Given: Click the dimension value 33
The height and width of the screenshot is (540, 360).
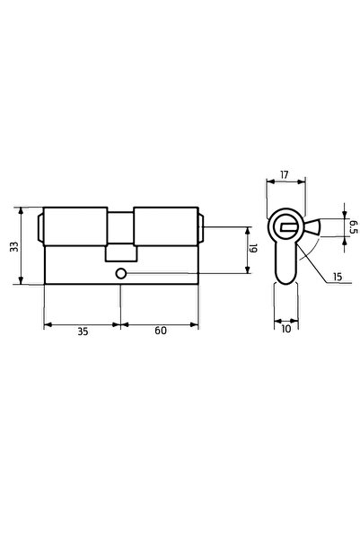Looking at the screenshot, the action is tap(14, 246).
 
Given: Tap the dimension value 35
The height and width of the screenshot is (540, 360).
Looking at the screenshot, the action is tap(83, 332).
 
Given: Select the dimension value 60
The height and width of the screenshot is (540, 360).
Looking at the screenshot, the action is tap(161, 331).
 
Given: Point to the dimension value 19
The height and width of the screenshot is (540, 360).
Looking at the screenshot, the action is tap(254, 248).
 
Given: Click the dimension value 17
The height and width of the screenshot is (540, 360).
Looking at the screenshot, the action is tap(284, 175).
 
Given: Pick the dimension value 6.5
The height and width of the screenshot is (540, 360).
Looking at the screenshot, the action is tap(353, 227).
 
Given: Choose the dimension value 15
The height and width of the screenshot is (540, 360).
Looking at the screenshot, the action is tap(338, 276).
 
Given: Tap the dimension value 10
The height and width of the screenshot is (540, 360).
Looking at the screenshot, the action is tap(286, 329).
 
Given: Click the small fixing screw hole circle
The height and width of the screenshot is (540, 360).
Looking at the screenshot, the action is tap(120, 273).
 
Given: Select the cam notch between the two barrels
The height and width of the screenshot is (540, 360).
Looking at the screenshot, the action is tap(121, 252).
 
